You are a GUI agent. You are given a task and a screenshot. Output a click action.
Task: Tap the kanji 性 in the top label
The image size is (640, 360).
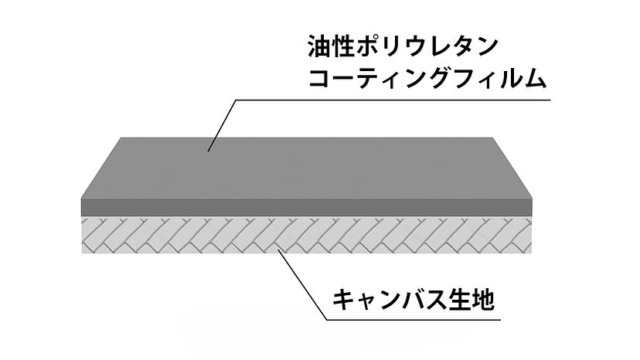tap(345, 48)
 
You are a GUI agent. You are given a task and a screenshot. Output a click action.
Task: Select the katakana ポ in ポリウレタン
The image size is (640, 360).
tap(370, 48)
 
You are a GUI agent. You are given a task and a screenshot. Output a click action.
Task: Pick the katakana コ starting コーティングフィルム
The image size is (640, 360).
tap(320, 80)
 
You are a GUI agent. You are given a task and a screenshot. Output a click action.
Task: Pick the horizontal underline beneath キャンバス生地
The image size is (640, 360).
tap(410, 317)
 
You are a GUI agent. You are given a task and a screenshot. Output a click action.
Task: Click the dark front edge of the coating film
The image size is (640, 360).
tap(309, 206)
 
